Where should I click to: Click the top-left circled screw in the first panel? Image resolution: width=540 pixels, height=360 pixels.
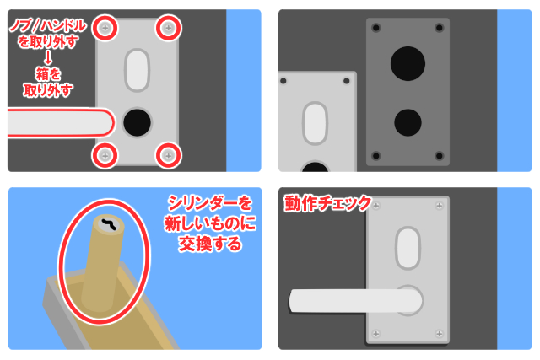click(105, 28)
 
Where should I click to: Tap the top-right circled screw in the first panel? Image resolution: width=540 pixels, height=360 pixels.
click(169, 28)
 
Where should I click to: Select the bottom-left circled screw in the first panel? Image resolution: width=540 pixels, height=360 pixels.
click(105, 156)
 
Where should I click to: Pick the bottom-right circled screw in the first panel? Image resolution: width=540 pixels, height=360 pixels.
click(169, 156)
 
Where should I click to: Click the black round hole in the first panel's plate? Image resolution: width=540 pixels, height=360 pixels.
click(137, 122)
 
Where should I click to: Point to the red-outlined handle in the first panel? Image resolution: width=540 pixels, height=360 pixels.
click(60, 122)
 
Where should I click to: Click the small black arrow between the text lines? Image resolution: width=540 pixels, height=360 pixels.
click(48, 57)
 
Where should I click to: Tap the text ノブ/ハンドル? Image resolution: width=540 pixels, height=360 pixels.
click(48, 26)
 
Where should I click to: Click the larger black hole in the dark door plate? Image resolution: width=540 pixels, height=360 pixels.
click(408, 64)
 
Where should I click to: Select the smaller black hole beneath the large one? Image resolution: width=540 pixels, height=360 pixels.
click(408, 122)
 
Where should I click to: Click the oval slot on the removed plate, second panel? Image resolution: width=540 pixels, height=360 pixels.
click(315, 123)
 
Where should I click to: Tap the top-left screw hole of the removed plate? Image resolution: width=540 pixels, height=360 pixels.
click(283, 81)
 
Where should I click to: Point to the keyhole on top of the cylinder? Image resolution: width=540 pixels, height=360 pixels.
click(111, 224)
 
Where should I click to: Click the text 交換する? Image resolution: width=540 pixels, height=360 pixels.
click(210, 244)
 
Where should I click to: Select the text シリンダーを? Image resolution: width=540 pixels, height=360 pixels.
click(210, 203)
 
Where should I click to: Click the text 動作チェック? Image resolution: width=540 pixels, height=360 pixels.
click(327, 203)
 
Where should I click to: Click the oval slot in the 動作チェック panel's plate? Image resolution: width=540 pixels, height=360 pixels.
click(408, 248)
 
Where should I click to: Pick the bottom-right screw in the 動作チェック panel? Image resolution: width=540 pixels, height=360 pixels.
click(439, 334)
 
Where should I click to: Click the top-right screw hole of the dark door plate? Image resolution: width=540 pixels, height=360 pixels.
click(440, 28)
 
